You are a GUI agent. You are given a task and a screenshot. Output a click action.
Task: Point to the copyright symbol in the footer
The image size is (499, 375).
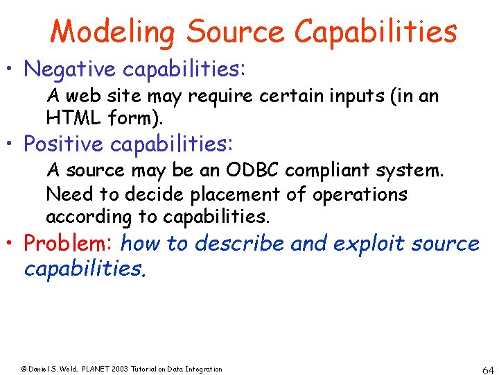click(x=23, y=369)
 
